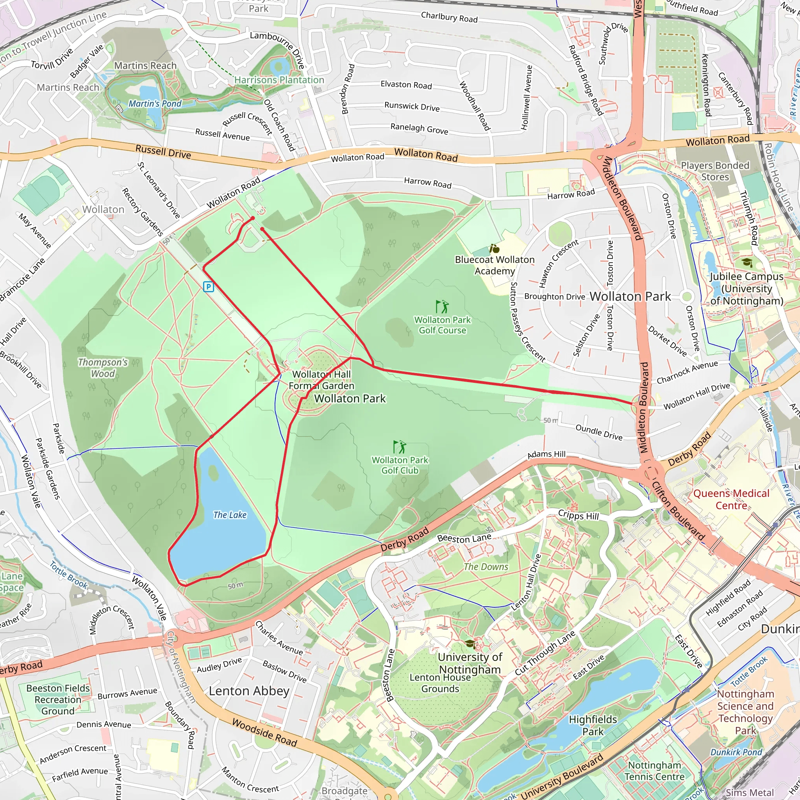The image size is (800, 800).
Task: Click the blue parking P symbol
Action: [x=208, y=287]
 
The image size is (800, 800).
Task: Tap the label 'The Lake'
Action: [x=230, y=515]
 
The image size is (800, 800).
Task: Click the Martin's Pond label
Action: [x=155, y=104]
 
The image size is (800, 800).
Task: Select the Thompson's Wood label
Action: [x=103, y=368]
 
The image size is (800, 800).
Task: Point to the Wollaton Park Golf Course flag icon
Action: [x=442, y=307]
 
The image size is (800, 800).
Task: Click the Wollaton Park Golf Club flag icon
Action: [x=399, y=447]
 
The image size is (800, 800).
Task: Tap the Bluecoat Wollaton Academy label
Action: [x=495, y=265]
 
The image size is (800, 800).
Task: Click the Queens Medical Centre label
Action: [x=731, y=499]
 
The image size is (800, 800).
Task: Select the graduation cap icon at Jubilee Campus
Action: [x=746, y=262]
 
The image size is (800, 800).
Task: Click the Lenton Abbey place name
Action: [x=249, y=691]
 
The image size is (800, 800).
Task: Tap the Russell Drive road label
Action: [x=163, y=152]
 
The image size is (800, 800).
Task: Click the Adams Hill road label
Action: [x=546, y=454]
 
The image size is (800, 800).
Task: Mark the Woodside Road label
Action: [x=264, y=732]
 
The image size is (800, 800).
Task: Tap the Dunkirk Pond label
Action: [x=736, y=752]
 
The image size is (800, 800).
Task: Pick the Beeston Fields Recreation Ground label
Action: [x=58, y=699]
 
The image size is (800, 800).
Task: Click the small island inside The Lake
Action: [x=213, y=471]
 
